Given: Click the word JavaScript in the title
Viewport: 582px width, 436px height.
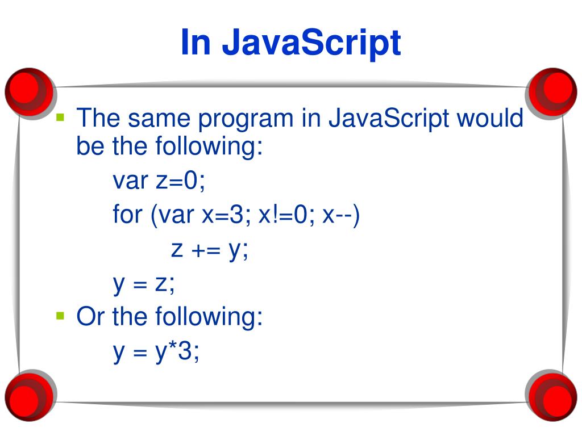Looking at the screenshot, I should coord(311,43).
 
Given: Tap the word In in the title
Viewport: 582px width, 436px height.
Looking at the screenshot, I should coord(196,43).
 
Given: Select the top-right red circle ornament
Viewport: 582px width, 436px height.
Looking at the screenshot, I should coord(551,89).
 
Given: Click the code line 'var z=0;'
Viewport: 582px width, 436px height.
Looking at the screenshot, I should coord(159,182).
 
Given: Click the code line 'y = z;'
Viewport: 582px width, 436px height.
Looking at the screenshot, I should coord(144,284).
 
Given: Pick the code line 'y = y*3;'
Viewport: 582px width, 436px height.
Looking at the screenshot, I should coord(156,352).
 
